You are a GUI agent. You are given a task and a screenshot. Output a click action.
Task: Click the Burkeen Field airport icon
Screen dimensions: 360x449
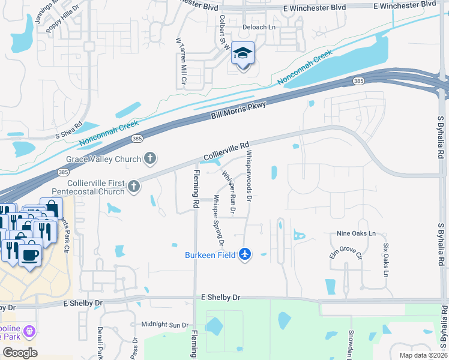coord(244,254)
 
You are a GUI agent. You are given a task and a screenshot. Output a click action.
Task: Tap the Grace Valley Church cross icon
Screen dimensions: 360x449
coord(150,159)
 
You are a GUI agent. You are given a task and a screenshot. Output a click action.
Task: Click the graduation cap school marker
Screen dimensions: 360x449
coord(243,55)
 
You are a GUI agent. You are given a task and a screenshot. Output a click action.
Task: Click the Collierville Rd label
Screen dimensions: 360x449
coord(226,151)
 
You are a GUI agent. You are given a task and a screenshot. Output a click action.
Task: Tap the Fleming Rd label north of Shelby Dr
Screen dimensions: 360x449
coord(196,189)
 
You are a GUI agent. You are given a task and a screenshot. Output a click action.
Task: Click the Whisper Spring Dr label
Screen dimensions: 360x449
coord(217,223)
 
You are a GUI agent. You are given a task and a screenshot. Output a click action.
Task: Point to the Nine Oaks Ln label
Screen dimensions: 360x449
coord(356,233)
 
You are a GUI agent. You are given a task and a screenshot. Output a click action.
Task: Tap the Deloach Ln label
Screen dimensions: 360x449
coord(259,28)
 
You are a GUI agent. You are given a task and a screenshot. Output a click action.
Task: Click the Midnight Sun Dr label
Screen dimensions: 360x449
coord(164,325)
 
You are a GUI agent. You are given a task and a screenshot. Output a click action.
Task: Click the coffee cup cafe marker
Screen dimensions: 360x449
coord(29,254)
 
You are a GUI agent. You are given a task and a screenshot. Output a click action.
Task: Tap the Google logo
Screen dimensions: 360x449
coord(20,352)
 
